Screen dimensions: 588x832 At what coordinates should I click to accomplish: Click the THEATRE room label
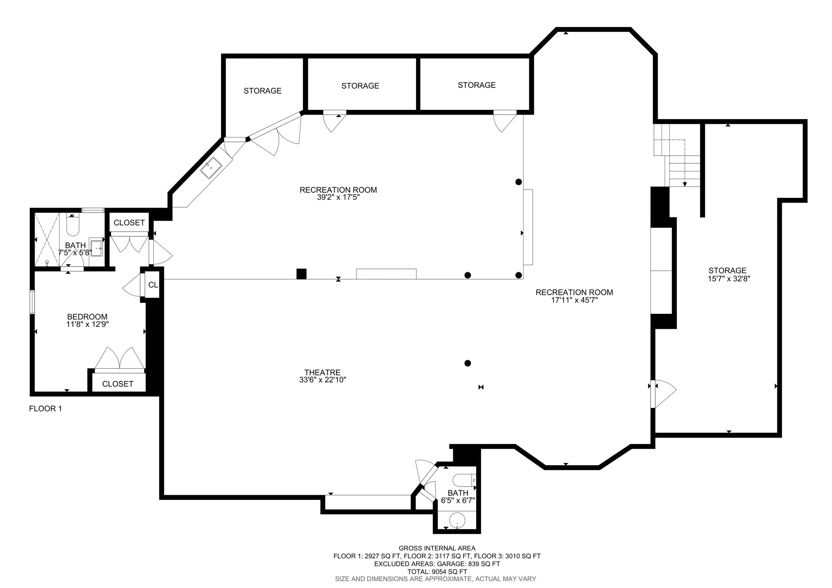(322, 372)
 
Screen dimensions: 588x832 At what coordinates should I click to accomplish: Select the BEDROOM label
(87, 317)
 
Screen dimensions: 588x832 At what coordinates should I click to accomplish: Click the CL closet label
(153, 285)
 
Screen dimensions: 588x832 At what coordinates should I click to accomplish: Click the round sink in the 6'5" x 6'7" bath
(457, 520)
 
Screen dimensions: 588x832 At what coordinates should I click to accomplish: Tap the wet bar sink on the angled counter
(211, 168)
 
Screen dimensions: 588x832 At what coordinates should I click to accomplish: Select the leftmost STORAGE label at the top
(262, 91)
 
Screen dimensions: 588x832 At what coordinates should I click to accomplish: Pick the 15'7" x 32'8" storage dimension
(729, 279)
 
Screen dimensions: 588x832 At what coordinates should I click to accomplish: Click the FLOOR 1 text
(45, 409)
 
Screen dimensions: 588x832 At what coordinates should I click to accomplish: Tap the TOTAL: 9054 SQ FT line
(437, 572)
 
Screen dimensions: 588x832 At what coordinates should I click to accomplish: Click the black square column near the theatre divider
(301, 274)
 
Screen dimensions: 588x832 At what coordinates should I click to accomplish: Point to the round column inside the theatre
(468, 363)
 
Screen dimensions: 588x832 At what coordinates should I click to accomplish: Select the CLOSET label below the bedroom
(118, 384)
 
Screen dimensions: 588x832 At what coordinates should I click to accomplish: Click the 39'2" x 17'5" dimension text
(338, 197)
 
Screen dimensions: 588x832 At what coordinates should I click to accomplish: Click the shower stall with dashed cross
(47, 240)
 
